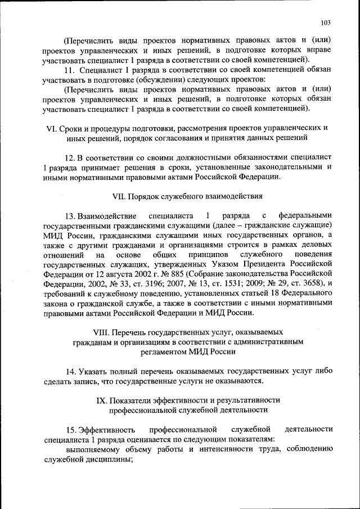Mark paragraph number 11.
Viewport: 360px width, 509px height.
pyautogui.click(x=69, y=69)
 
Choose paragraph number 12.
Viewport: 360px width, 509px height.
pyautogui.click(x=68, y=157)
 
